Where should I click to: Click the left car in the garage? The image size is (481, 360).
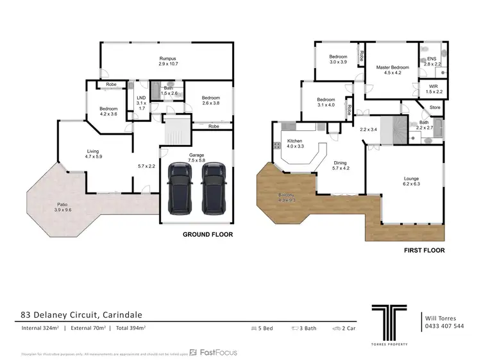pos(181,189)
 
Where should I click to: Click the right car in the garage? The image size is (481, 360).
pos(214,189)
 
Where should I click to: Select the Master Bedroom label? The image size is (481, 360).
pos(392,69)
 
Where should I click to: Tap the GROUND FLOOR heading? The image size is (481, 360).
pos(208,235)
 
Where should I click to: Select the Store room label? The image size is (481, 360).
pos(435,107)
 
